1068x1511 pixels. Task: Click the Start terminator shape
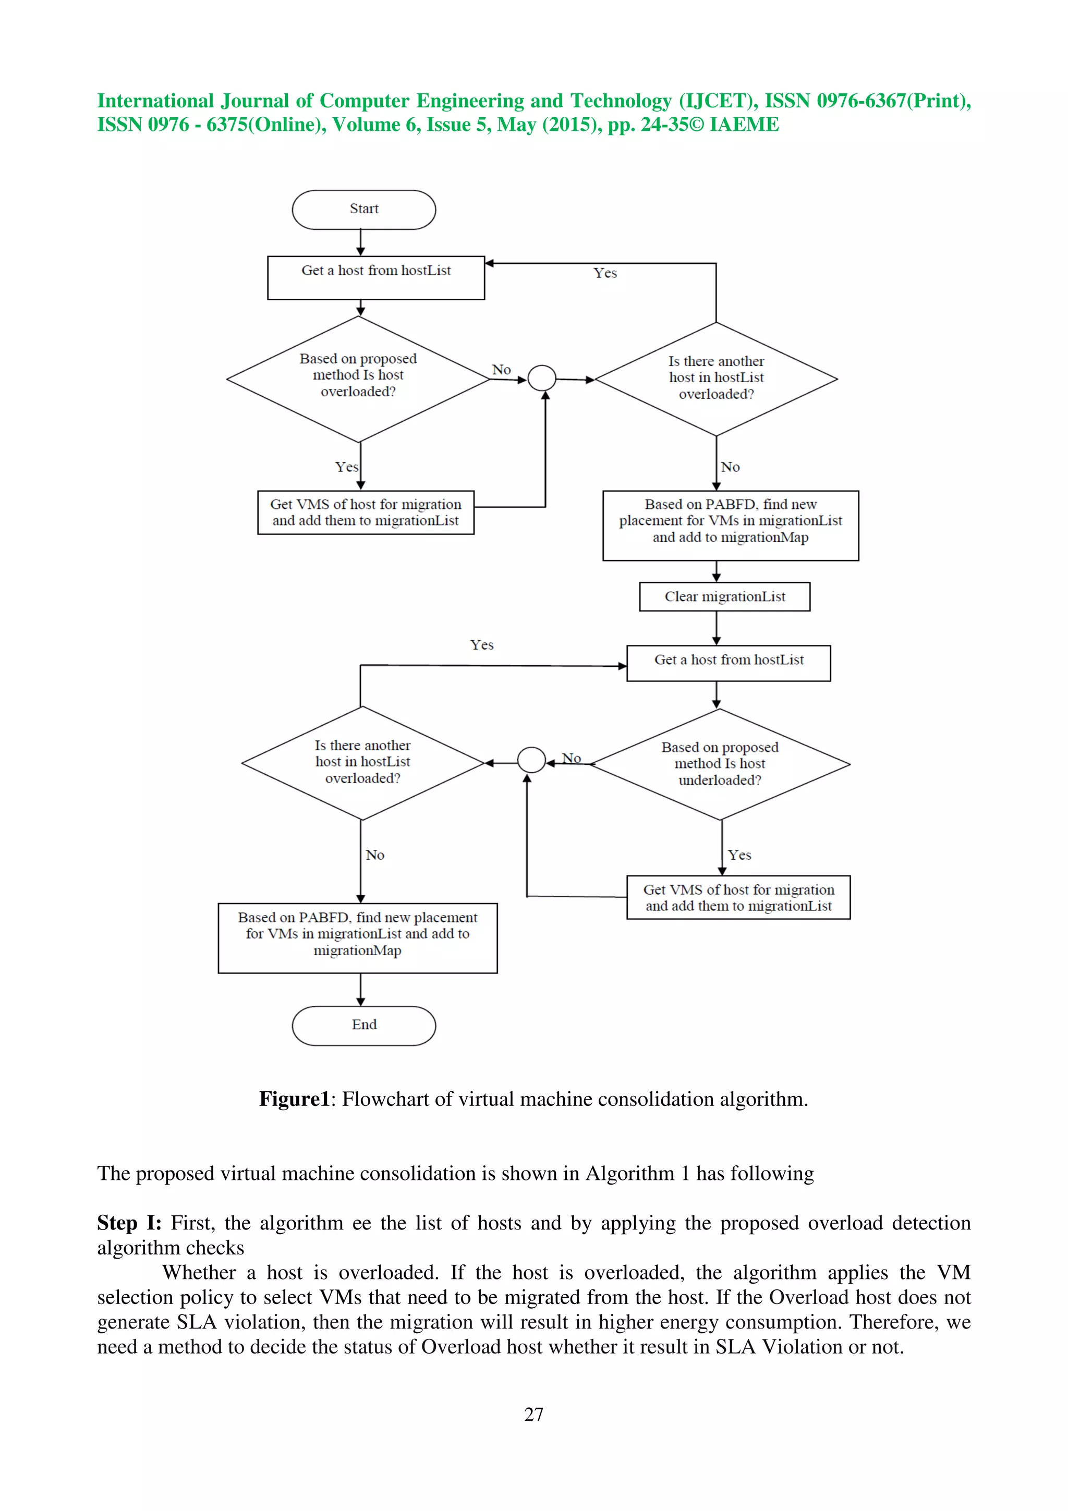pos(363,209)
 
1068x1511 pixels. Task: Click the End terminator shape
pos(363,1025)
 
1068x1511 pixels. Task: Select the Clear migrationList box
pos(724,596)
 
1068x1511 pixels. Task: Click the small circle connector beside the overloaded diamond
pos(542,379)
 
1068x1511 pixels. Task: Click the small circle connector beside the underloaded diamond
pos(531,760)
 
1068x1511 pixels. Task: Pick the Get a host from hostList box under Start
pos(376,277)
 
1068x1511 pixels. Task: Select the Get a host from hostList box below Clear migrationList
pos(728,662)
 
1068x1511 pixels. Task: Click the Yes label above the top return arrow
pos(605,273)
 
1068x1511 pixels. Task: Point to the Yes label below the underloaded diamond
pos(739,855)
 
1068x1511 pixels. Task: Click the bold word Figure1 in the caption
pos(294,1099)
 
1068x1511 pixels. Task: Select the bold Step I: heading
pos(129,1223)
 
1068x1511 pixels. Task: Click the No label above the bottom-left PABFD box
pos(374,855)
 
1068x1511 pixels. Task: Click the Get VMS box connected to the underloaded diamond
pos(738,897)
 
